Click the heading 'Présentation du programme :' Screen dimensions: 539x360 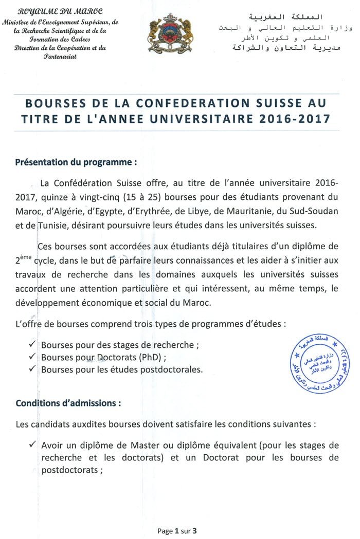point(76,162)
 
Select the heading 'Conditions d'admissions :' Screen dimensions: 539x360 point(68,403)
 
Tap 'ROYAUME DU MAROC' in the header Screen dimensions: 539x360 point(60,11)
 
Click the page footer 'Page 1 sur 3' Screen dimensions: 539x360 point(177,531)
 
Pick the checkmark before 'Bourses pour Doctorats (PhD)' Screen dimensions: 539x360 point(33,356)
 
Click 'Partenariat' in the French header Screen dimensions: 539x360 point(60,56)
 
